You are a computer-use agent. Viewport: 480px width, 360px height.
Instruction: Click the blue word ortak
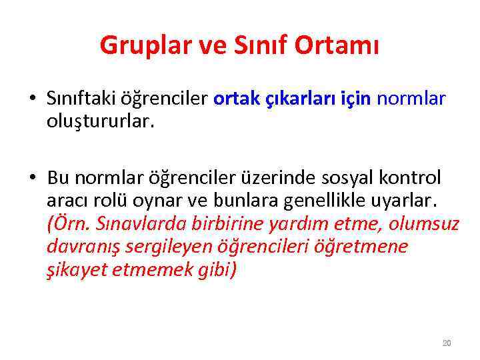236,99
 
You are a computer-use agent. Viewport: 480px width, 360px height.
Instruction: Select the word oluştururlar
100,121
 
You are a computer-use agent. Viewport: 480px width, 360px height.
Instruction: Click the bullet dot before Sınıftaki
32,100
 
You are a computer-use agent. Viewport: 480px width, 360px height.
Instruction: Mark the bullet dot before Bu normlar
32,179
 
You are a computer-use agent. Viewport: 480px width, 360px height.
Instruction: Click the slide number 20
447,343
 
